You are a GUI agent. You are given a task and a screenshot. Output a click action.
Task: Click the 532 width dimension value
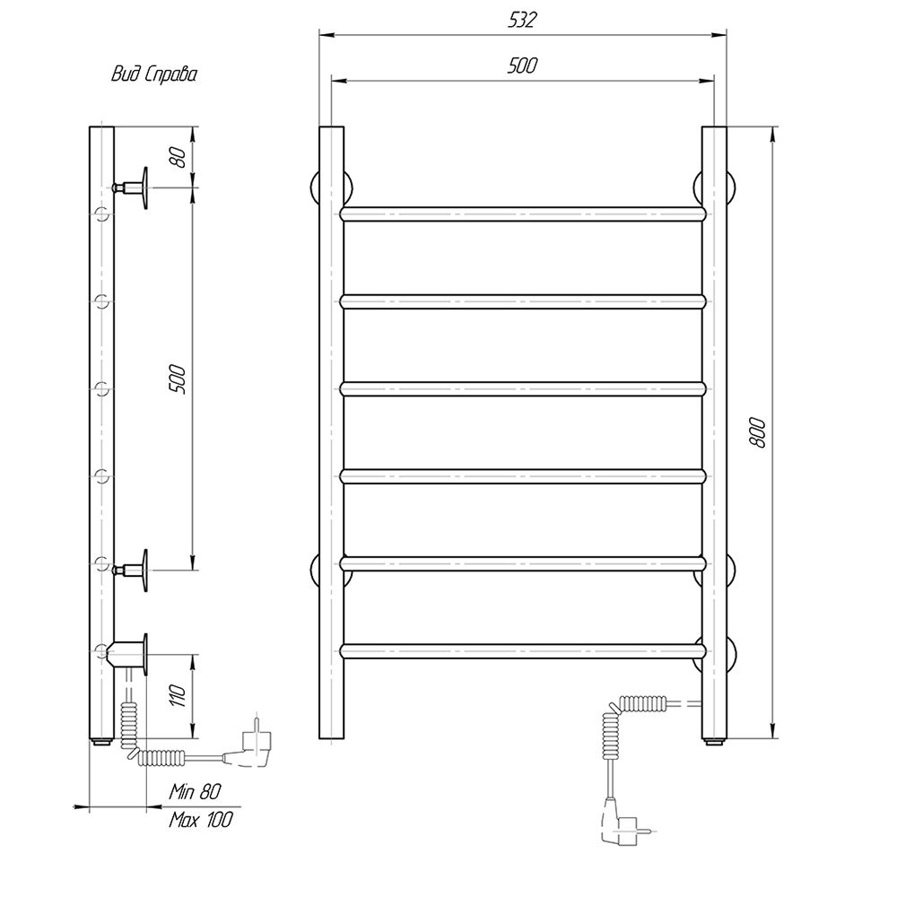click(x=522, y=20)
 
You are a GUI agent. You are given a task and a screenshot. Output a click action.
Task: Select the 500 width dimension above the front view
click(x=522, y=65)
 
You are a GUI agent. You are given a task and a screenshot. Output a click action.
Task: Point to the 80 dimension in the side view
click(x=179, y=157)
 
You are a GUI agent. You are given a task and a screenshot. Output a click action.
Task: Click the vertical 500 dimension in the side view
click(x=178, y=379)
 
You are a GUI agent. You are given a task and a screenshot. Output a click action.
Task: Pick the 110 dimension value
click(x=179, y=696)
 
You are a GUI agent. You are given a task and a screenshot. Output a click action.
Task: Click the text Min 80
click(x=195, y=792)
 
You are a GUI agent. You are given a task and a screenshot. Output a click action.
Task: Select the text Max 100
click(x=201, y=820)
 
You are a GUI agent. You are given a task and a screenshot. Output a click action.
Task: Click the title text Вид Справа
click(x=154, y=74)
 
